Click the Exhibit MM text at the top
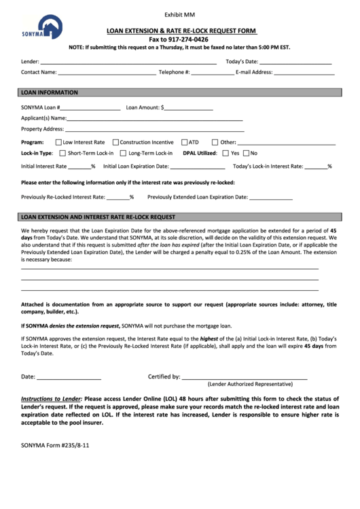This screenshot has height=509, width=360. pos(180,14)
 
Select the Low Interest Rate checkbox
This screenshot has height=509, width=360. pos(58,143)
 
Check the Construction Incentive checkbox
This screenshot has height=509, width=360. pos(115,143)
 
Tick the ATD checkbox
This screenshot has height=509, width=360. pos(184,143)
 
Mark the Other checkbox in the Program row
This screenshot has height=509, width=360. pos(215,143)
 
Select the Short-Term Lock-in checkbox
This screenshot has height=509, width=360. pos(61,154)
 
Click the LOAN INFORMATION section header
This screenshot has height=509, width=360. pos(50,92)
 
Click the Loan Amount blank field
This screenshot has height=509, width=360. pos(188,107)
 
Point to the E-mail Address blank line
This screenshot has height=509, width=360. pos(304,71)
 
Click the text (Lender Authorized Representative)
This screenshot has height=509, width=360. pos(245,384)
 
